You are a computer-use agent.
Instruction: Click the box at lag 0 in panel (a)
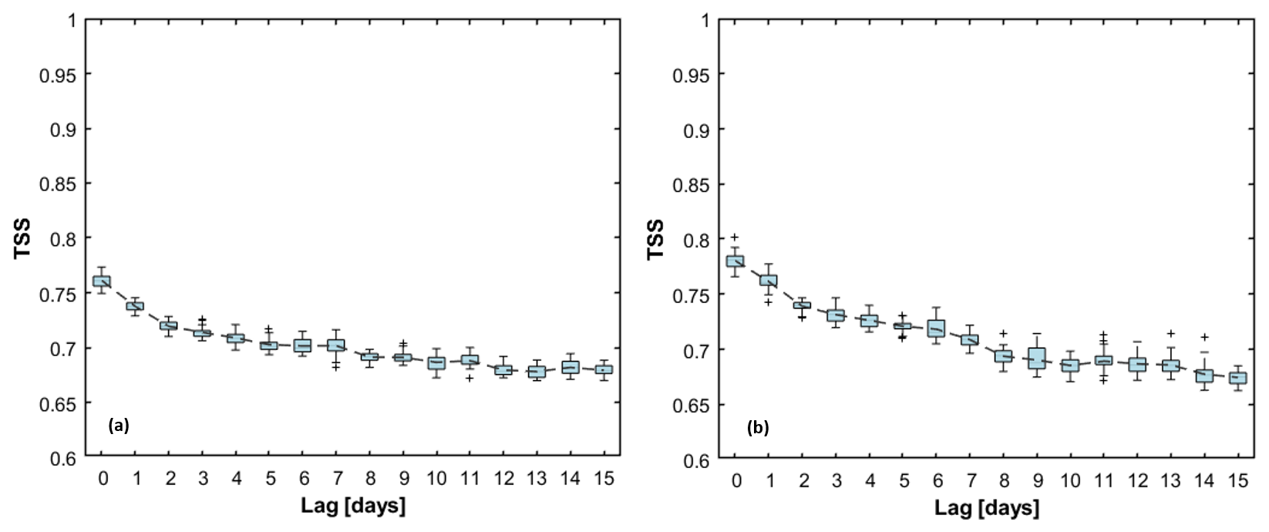tap(102, 281)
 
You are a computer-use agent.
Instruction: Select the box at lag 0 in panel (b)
tap(735, 261)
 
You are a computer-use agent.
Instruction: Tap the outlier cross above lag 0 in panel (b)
tap(735, 237)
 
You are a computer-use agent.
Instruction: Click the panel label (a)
tap(119, 425)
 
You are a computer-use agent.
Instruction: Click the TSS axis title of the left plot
tap(24, 239)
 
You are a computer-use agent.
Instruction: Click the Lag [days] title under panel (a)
tap(353, 507)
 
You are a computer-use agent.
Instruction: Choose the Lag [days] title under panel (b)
tap(986, 508)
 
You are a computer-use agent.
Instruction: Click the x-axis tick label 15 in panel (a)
tap(604, 479)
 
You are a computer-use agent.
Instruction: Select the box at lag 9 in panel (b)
tap(1037, 358)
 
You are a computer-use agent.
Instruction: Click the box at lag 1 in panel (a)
tap(136, 306)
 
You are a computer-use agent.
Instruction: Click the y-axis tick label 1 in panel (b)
tap(703, 20)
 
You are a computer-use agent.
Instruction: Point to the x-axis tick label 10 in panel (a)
tap(436, 479)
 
